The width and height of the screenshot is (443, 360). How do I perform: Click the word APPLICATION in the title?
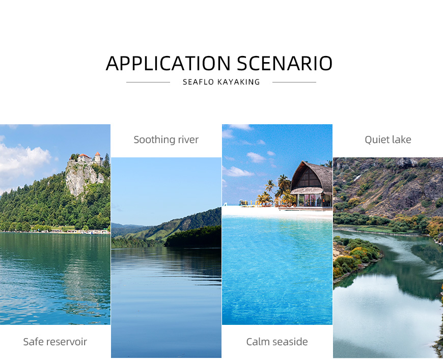click(168, 63)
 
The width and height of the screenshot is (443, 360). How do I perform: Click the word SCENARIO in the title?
click(285, 63)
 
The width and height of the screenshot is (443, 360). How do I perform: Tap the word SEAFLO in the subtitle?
click(199, 82)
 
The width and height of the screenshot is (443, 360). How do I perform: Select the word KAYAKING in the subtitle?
click(238, 82)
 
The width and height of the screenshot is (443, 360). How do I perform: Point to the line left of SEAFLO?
click(148, 82)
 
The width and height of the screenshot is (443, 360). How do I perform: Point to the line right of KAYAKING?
click(294, 82)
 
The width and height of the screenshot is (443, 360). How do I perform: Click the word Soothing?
click(154, 140)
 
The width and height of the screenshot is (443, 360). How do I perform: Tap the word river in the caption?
click(188, 140)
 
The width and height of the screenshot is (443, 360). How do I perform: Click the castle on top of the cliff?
click(87, 158)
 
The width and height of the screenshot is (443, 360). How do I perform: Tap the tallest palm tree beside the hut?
click(284, 186)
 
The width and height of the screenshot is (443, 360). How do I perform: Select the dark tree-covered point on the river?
click(193, 237)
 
